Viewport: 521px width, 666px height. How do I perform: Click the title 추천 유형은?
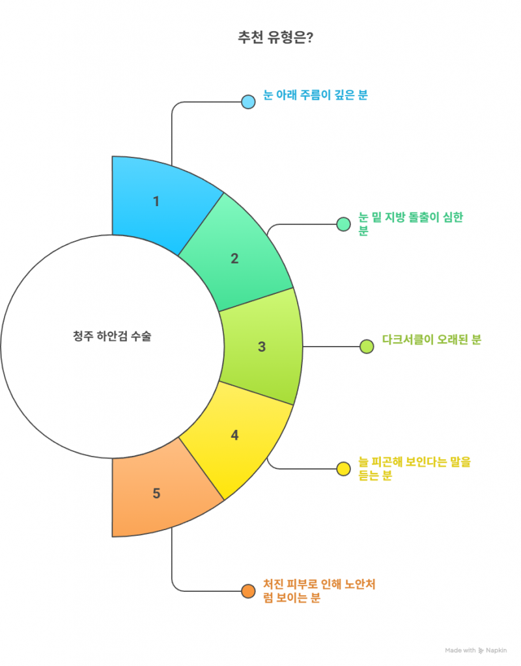click(275, 37)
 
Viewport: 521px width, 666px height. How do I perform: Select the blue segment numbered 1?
click(162, 204)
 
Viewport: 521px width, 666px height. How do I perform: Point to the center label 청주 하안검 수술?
click(112, 336)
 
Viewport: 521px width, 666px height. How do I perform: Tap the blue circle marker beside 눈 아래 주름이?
click(248, 102)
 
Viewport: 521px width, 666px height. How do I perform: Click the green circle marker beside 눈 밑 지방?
click(343, 224)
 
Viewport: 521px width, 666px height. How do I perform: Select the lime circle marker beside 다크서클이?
click(367, 347)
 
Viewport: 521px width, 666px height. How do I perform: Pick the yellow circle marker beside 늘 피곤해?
click(343, 469)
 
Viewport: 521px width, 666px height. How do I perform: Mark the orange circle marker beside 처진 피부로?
click(248, 591)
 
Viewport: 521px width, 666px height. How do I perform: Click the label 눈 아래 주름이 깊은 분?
click(315, 95)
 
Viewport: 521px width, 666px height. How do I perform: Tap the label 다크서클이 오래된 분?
click(431, 340)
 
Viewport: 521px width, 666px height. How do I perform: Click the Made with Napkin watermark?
click(475, 650)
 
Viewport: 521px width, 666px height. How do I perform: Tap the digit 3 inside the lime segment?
click(262, 347)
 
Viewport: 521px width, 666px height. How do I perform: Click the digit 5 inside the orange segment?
click(156, 493)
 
